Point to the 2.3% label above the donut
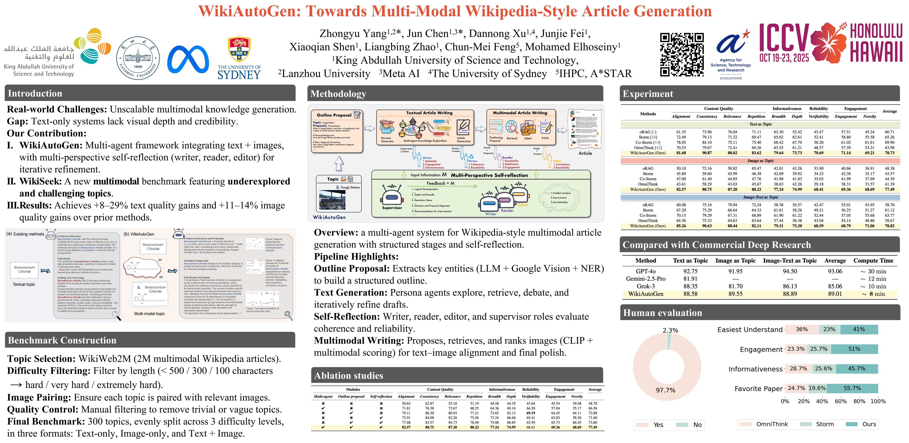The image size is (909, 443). pyautogui.click(x=670, y=330)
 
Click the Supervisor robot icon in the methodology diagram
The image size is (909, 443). pyautogui.click(x=392, y=196)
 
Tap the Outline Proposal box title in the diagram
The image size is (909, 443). pyautogui.click(x=334, y=115)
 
